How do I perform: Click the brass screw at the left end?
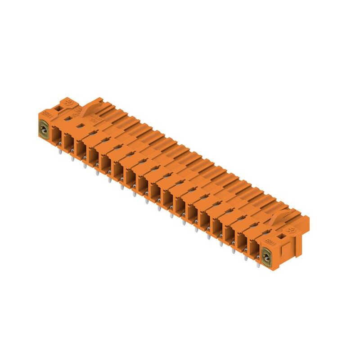click(x=44, y=131)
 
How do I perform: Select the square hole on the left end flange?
click(x=60, y=108)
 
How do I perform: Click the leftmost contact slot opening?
click(x=56, y=134)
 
